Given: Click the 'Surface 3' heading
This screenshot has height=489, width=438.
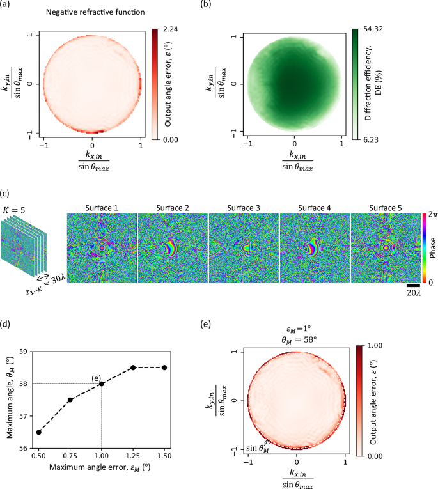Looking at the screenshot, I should coord(243,208).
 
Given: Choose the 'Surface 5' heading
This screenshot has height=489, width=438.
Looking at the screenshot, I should coord(385,208).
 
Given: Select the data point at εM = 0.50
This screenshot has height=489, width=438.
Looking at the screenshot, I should coord(40,432).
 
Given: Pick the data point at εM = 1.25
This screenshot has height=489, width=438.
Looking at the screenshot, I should coord(133,368).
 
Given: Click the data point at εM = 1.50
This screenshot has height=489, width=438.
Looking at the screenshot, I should coord(164,368).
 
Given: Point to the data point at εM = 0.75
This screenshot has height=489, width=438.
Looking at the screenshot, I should coord(70,400).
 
